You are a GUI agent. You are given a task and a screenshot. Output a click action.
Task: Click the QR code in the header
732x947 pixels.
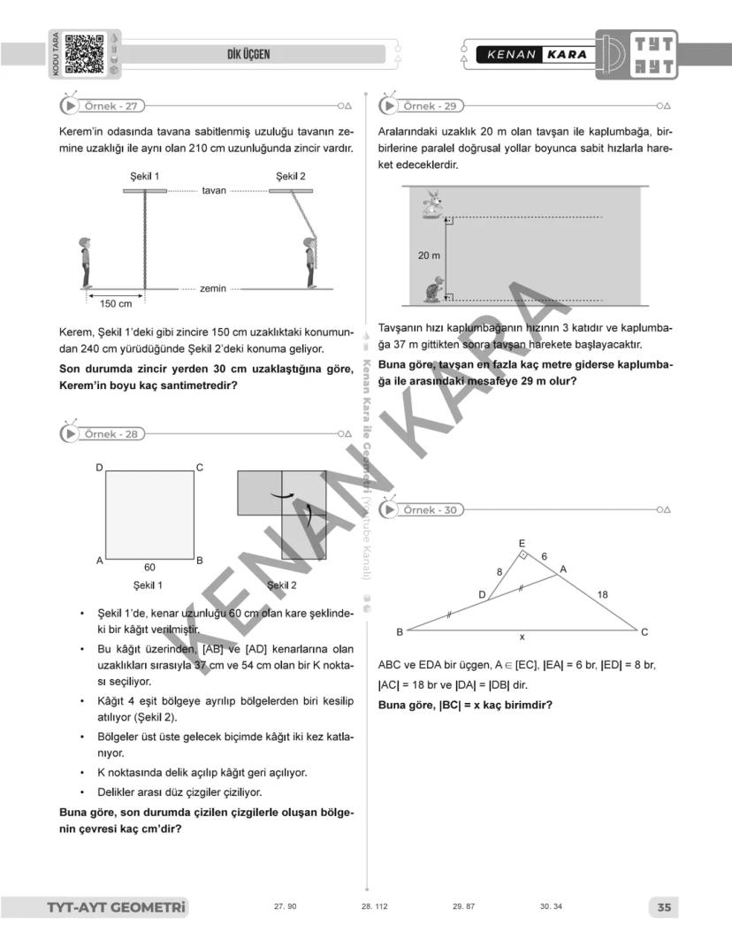click(85, 53)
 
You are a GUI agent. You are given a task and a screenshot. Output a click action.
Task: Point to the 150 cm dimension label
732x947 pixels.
click(113, 304)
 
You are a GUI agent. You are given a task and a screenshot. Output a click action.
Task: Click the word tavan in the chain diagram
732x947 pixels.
click(213, 190)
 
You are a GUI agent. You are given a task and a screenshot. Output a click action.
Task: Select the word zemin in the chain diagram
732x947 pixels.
click(212, 288)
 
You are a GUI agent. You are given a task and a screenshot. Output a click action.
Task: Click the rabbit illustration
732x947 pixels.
click(431, 204)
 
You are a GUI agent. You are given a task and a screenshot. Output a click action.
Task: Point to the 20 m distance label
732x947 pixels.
click(429, 256)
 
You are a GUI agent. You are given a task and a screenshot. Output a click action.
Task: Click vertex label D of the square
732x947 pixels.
click(100, 467)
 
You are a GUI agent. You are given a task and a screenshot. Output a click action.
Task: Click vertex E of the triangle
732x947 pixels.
click(521, 543)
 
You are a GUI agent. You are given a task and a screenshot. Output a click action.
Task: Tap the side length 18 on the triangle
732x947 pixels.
click(602, 595)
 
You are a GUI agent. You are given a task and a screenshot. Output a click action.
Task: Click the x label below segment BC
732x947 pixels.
click(522, 637)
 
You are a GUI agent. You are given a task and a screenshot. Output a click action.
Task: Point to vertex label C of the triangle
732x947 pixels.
click(644, 631)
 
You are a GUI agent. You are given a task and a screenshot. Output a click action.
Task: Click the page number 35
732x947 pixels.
click(664, 907)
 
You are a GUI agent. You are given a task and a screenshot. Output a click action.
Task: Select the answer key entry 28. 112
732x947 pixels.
click(375, 907)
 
